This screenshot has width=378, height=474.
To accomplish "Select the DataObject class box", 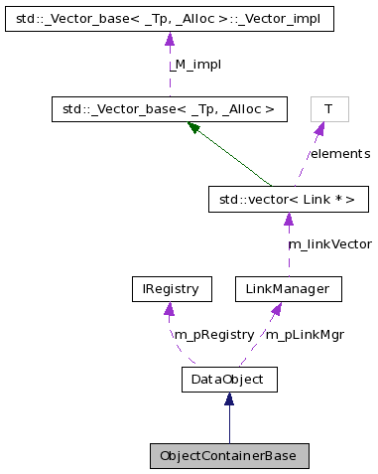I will pyautogui.click(x=229, y=379).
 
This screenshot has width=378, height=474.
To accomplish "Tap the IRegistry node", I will pyautogui.click(x=172, y=289).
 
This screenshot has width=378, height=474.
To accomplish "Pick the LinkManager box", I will pyautogui.click(x=288, y=289).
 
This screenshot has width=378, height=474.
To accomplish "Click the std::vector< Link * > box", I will pyautogui.click(x=288, y=200).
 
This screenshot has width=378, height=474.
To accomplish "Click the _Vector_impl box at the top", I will pyautogui.click(x=169, y=20).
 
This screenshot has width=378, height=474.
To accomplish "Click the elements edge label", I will pyautogui.click(x=338, y=154).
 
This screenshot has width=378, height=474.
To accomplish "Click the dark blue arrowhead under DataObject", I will pyautogui.click(x=229, y=398).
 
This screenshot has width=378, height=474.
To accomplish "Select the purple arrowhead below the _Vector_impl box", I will pyautogui.click(x=169, y=40).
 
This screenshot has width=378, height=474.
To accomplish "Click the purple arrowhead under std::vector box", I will pyautogui.click(x=288, y=220).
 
